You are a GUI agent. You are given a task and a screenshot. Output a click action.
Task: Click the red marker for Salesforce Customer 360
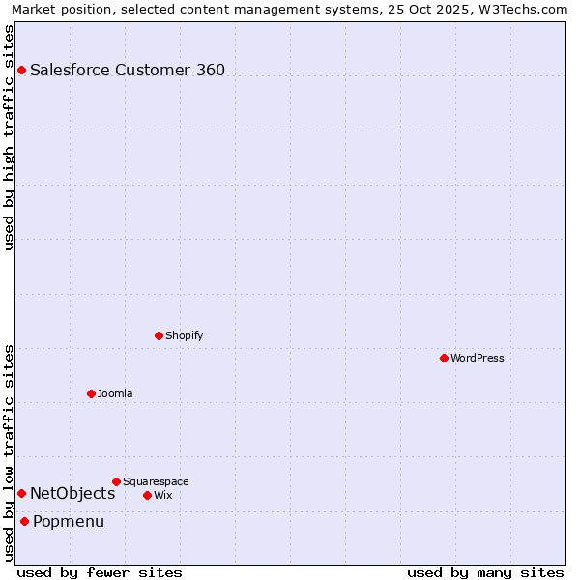point(21,70)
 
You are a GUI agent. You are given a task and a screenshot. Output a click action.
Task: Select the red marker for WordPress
point(444,358)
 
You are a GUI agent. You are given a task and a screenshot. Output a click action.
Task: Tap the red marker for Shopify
point(159,335)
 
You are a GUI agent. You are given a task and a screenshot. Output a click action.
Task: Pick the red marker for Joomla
point(91,393)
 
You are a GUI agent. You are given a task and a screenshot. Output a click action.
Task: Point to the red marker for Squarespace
point(116,481)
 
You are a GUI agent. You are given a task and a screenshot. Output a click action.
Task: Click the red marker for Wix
point(147,495)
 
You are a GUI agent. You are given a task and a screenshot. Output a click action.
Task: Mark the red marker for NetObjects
point(21,493)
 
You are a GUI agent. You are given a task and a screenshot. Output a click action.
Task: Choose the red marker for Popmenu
point(24,521)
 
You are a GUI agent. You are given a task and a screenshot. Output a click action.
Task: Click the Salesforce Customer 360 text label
point(128,70)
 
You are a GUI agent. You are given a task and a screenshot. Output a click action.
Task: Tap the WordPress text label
point(478,358)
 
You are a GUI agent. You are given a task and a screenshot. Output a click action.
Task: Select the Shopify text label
point(184,335)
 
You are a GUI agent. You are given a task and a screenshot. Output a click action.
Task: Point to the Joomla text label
point(115,393)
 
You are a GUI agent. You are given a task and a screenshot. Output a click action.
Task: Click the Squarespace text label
point(156,481)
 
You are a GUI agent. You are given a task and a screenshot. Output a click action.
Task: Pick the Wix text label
point(163,495)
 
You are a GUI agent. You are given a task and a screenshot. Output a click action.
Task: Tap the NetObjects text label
point(72,493)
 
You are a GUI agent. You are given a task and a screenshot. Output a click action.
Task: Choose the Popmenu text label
point(69,521)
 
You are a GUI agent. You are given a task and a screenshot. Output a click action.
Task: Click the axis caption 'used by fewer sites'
point(100,572)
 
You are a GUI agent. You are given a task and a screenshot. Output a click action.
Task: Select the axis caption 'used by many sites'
point(485,572)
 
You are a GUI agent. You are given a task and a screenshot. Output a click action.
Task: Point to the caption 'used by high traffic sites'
point(9,137)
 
